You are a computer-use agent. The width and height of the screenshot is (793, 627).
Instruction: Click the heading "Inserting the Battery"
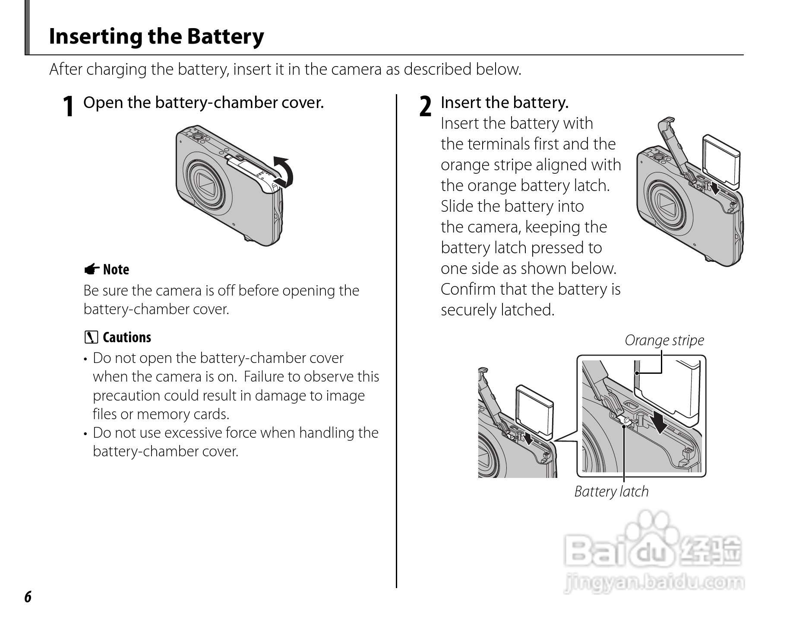click(x=156, y=36)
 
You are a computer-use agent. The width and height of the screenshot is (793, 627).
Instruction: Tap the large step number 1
click(x=68, y=106)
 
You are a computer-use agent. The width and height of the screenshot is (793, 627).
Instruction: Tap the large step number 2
click(x=426, y=106)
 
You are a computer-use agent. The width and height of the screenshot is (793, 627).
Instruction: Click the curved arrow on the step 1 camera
click(x=283, y=172)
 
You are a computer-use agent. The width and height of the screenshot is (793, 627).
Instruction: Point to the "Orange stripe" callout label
click(x=664, y=341)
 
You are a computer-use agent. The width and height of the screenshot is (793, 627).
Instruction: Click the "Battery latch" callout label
click(x=611, y=491)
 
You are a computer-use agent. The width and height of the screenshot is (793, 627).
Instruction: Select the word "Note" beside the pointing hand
click(x=116, y=270)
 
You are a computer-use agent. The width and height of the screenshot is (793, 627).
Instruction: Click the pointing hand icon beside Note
click(x=92, y=270)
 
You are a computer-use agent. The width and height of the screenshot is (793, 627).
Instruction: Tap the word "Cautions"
click(x=127, y=337)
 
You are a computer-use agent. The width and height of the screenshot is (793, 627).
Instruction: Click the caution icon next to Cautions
click(x=92, y=337)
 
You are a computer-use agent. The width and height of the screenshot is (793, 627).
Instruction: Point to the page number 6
click(x=28, y=597)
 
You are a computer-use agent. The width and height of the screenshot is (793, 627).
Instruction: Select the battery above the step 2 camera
click(x=720, y=162)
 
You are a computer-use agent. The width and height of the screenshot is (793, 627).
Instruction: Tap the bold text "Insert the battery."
click(x=505, y=103)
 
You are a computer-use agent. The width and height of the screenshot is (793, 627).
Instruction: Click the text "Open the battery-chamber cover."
click(x=203, y=103)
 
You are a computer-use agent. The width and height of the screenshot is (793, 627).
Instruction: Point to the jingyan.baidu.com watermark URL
click(x=654, y=582)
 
